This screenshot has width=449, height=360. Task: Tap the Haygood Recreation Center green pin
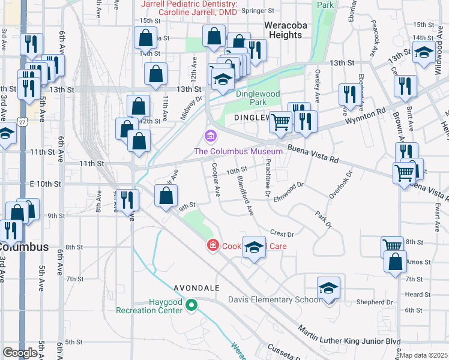191,305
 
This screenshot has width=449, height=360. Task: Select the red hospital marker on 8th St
212,245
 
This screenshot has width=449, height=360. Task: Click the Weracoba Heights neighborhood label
283,30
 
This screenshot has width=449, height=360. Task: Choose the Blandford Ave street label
245,197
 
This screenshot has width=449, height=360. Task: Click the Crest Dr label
282,234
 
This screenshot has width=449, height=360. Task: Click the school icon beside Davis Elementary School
328,288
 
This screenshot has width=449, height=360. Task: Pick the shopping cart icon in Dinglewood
280,122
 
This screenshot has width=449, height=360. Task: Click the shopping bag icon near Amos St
394,262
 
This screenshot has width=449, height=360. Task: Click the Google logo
19,353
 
